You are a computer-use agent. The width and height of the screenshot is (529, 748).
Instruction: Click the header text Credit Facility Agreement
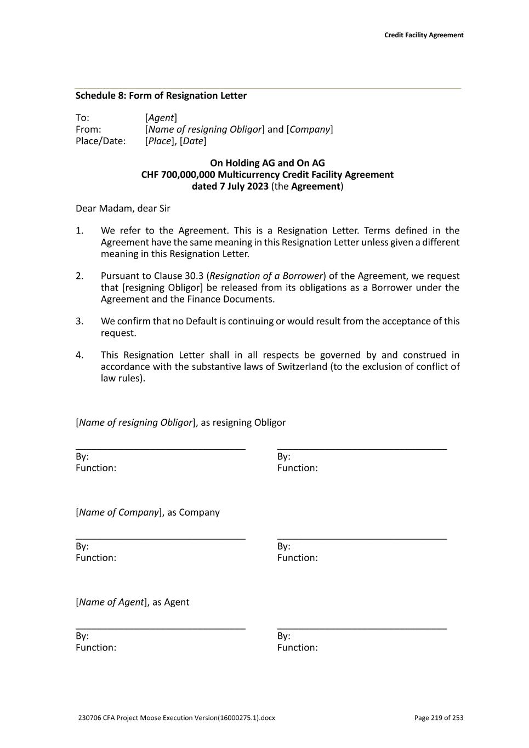424,35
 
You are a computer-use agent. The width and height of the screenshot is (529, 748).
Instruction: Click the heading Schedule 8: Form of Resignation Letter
161,96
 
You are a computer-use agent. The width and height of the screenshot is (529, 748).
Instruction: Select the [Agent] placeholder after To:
161,118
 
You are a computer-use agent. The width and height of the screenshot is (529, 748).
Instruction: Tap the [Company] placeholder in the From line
310,129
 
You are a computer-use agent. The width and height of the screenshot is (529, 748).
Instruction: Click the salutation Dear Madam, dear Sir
123,208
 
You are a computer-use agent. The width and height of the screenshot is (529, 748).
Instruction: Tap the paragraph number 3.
79,321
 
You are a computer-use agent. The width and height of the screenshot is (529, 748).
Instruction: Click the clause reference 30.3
194,276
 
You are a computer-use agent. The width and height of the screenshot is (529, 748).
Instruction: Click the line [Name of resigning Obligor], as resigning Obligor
180,422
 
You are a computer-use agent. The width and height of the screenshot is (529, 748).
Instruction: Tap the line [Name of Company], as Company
147,512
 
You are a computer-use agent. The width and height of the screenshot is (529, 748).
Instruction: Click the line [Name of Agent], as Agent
132,602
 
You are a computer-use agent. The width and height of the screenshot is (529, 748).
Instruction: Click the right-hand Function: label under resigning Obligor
297,468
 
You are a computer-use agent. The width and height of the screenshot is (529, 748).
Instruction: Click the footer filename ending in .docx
177,718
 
